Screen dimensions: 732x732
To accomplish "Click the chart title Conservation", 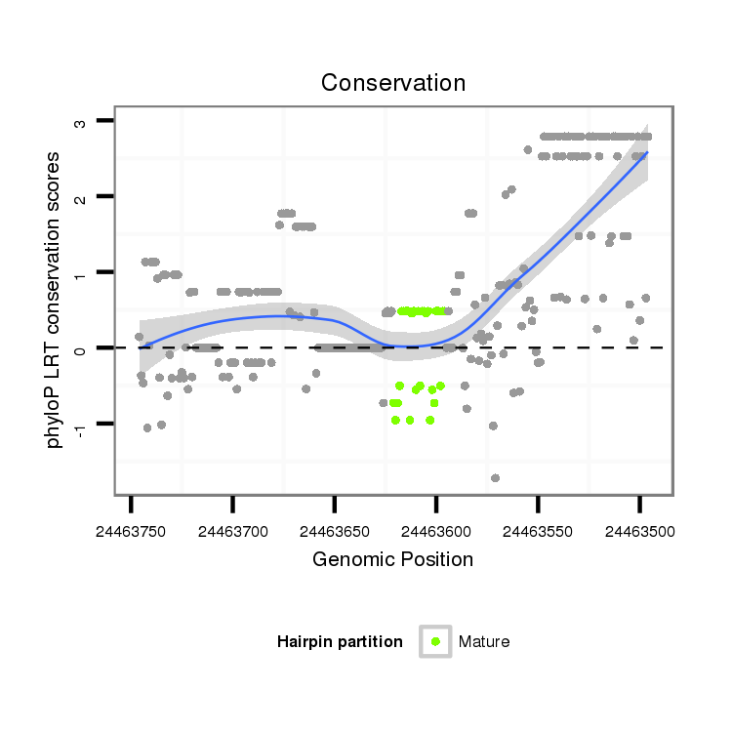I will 393,83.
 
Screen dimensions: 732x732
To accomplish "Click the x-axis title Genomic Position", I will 392,559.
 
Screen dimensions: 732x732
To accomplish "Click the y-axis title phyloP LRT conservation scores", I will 56,300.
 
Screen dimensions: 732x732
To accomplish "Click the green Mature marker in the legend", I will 435,641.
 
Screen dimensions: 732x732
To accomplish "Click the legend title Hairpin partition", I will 340,641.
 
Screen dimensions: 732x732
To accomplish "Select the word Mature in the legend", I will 484,641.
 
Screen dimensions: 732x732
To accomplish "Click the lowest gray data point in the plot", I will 496,478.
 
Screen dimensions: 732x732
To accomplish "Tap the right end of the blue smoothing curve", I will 646,152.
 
